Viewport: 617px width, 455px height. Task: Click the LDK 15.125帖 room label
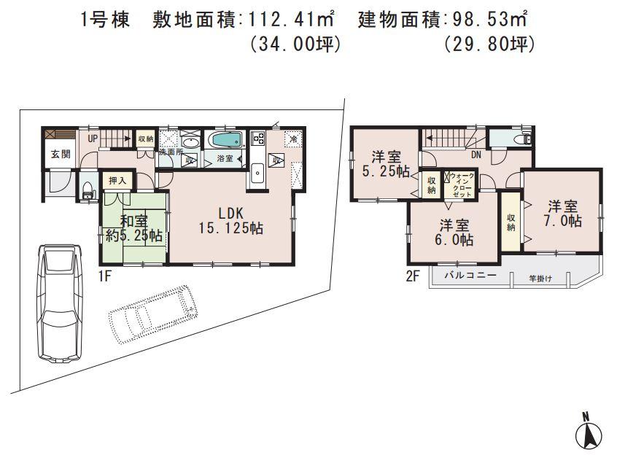pos(230,220)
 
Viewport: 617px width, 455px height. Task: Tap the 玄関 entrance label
pos(60,155)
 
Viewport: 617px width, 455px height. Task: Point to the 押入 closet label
pos(117,179)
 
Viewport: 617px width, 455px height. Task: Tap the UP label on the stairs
pos(93,138)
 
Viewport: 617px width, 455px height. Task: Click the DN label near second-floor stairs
pos(476,155)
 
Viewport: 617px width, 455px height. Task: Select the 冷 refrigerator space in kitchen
pos(292,139)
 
